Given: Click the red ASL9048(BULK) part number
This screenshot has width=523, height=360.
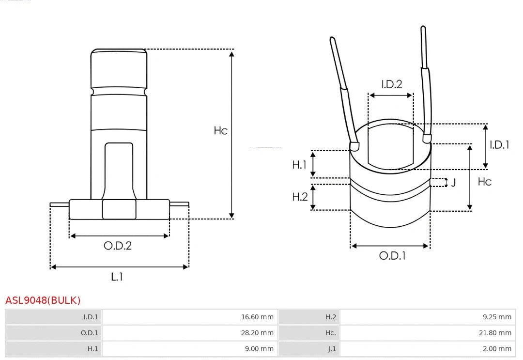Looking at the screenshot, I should [43, 300].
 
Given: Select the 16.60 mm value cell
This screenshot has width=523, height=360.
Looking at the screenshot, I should [257, 317].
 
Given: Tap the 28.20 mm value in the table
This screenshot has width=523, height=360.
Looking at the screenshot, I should [257, 333].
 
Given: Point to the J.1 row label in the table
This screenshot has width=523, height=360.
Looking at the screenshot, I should [331, 349].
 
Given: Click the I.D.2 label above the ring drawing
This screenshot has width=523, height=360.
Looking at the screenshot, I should [391, 84].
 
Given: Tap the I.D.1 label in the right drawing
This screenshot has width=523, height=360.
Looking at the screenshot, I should [499, 144].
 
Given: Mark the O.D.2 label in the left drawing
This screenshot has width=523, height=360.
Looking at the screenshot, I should [118, 246].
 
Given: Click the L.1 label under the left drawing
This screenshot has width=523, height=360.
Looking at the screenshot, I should [117, 277].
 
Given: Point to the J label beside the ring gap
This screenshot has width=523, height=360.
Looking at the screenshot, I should [453, 183].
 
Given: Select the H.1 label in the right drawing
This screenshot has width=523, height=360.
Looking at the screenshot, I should [299, 165].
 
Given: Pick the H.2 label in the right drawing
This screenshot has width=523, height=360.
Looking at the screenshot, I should [300, 197].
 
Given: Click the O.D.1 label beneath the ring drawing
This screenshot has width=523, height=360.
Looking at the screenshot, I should [392, 256].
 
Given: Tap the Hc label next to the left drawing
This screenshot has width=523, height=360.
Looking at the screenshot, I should [220, 131].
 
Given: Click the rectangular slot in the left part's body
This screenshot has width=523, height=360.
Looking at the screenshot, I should [119, 170].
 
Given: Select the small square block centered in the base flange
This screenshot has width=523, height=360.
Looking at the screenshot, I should [119, 209].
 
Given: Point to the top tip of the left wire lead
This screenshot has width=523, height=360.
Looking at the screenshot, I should [332, 39].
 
